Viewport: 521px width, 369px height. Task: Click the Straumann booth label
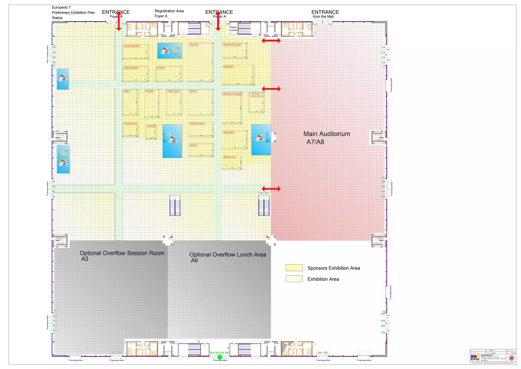click(194, 45)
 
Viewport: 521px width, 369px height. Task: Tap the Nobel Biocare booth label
click(228, 67)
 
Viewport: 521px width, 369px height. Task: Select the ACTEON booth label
click(161, 68)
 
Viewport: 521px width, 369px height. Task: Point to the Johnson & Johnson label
click(131, 68)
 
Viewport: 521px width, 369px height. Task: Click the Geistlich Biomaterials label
click(132, 46)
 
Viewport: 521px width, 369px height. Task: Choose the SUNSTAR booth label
click(151, 126)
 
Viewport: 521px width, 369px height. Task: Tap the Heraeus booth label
click(193, 146)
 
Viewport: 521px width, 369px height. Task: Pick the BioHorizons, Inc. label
click(229, 157)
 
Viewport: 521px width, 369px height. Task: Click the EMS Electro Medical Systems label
click(257, 95)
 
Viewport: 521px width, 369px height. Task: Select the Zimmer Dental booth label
click(229, 133)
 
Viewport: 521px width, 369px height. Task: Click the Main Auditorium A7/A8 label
click(326, 138)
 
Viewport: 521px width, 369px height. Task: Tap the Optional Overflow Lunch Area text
click(227, 255)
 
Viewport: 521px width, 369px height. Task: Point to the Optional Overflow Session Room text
click(122, 253)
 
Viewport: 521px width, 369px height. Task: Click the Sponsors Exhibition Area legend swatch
click(294, 268)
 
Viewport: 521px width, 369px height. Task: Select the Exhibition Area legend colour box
click(294, 279)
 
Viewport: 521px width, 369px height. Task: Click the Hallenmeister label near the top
click(234, 29)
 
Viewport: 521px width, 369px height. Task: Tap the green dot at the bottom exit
click(220, 357)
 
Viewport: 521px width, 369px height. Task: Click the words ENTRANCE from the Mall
click(325, 14)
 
